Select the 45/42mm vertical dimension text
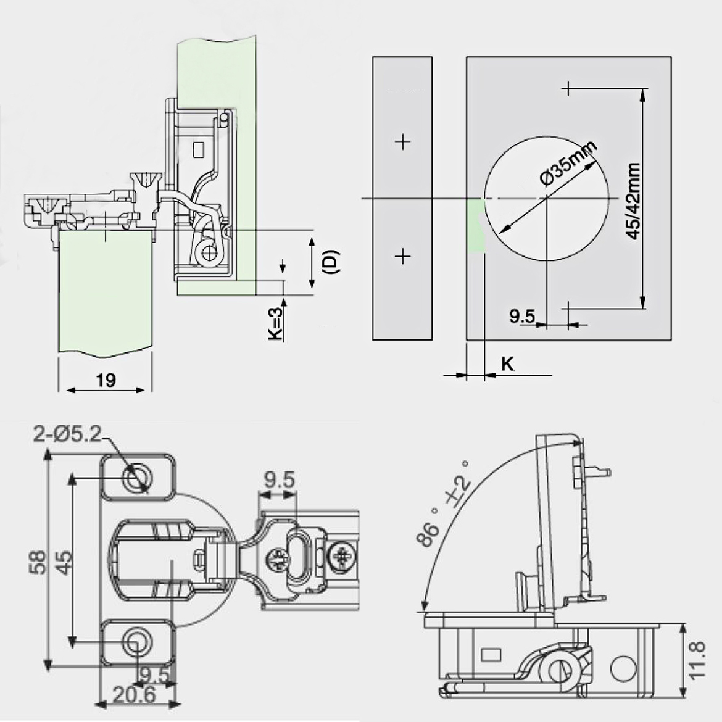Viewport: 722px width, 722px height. click(x=632, y=201)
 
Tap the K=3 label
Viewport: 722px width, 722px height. click(x=276, y=322)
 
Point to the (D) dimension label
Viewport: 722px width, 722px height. click(x=331, y=262)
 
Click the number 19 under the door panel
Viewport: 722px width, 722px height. click(x=106, y=380)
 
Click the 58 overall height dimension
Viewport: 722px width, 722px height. click(x=38, y=562)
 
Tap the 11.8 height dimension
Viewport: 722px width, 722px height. click(x=697, y=661)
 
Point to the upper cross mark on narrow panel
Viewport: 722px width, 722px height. click(x=402, y=142)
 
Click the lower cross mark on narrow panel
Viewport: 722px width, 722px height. click(x=402, y=255)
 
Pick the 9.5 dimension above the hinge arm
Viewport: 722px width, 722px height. click(x=280, y=479)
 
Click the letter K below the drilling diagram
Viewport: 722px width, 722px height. click(x=507, y=363)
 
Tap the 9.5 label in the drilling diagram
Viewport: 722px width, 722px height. click(x=522, y=317)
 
